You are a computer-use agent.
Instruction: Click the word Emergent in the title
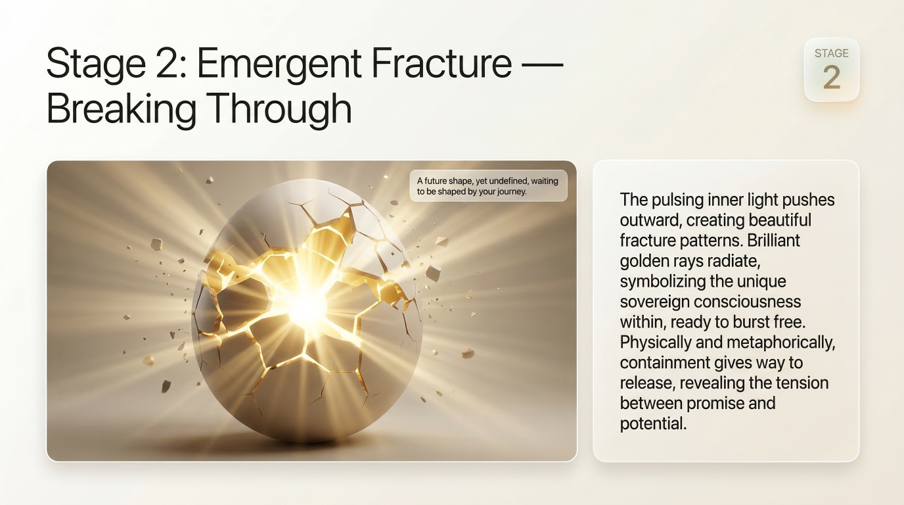(x=281, y=64)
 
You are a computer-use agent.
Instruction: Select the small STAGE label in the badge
(x=831, y=53)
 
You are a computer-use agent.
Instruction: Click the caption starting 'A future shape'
(x=488, y=186)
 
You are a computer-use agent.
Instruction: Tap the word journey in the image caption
(x=512, y=192)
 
